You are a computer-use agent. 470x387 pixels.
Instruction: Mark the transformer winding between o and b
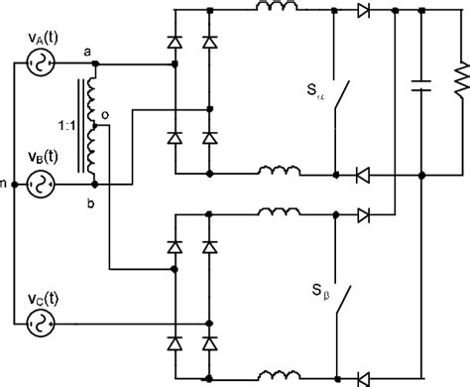94,154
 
